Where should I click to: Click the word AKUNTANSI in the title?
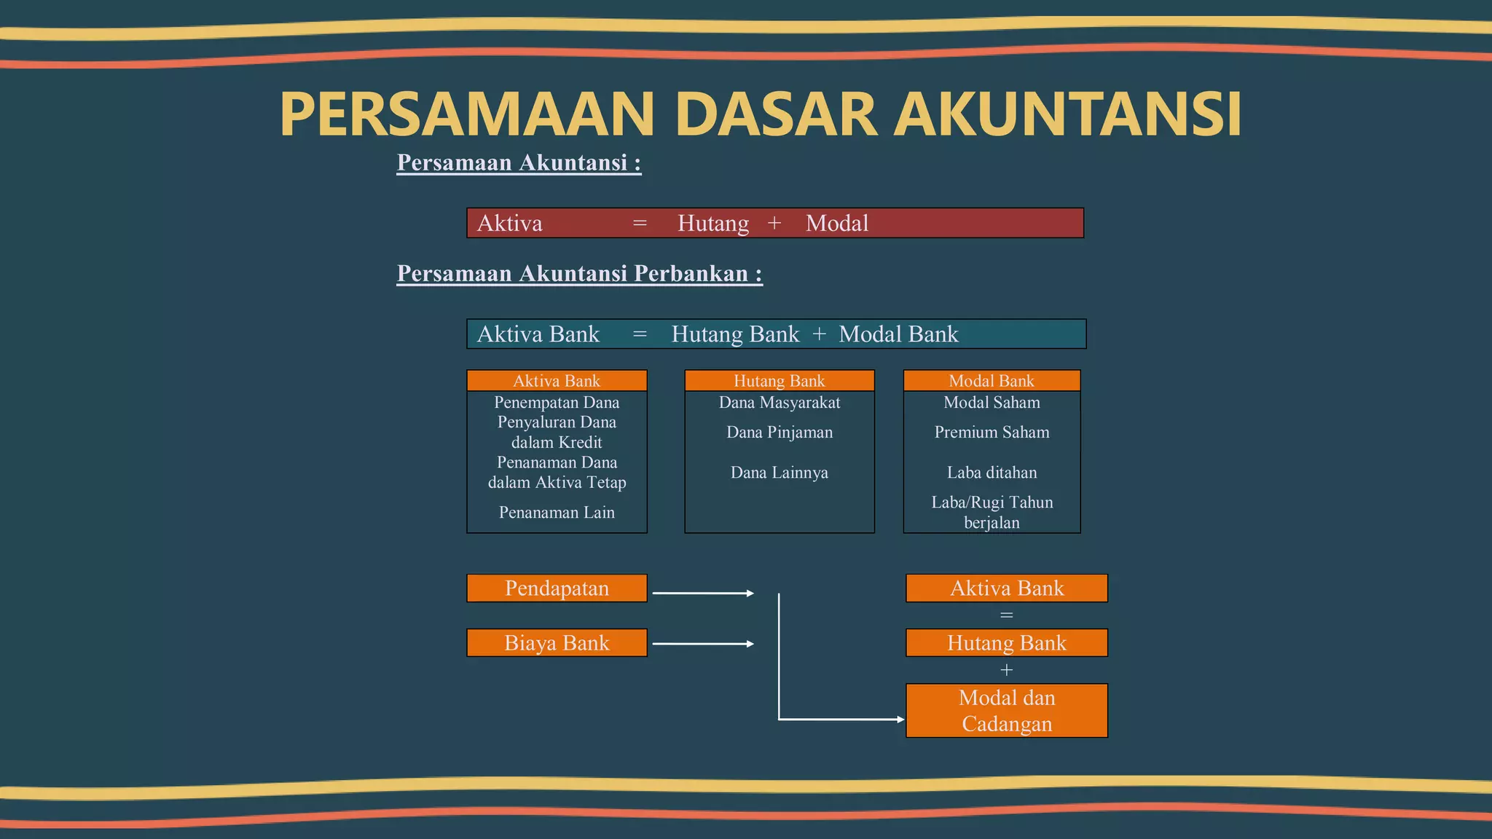tap(1067, 114)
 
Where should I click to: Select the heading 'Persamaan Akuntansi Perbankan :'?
tap(579, 274)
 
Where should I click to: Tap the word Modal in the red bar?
tap(836, 224)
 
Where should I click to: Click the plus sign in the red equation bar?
tap(774, 224)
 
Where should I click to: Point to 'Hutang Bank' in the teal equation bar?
tap(734, 334)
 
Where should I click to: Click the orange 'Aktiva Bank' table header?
tap(557, 381)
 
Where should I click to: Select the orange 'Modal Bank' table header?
tap(991, 381)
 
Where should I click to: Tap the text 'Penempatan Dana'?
tap(557, 403)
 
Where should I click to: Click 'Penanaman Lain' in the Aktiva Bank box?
tap(557, 513)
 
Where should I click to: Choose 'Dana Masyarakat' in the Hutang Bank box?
tap(779, 403)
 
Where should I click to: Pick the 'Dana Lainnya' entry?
tap(779, 473)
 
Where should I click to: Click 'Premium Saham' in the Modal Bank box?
tap(992, 433)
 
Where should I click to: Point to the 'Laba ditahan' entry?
tap(992, 473)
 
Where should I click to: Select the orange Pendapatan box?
tap(557, 588)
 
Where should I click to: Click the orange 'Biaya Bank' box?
tap(557, 643)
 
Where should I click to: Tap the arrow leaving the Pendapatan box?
tap(702, 594)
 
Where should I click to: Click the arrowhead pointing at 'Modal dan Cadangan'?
tap(900, 720)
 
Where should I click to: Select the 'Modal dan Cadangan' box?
tap(1006, 711)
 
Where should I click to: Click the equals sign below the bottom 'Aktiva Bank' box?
tap(1006, 616)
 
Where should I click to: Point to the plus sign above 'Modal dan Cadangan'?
tap(1006, 670)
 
